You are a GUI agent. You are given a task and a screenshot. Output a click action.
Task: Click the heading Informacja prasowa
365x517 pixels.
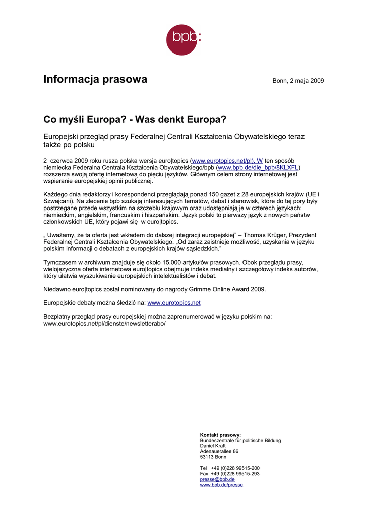point(95,79)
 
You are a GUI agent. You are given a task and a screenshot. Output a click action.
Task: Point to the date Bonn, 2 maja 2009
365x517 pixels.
point(298,81)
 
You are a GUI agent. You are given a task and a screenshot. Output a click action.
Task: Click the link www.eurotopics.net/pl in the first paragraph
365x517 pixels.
point(227,160)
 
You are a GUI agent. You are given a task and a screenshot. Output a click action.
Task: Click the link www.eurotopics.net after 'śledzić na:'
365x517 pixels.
point(174,303)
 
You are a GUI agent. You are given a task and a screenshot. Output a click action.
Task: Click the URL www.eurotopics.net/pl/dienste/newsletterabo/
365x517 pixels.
point(104,323)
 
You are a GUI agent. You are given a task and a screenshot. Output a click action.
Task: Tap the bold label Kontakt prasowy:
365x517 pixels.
point(220,435)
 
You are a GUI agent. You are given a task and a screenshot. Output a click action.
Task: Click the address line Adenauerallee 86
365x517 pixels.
point(219,451)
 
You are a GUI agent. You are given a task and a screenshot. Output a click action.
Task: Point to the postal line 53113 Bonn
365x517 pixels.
point(213,457)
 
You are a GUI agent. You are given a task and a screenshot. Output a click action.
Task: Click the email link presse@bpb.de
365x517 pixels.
point(217,479)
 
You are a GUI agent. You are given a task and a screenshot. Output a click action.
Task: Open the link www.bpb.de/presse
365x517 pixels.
point(221,485)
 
